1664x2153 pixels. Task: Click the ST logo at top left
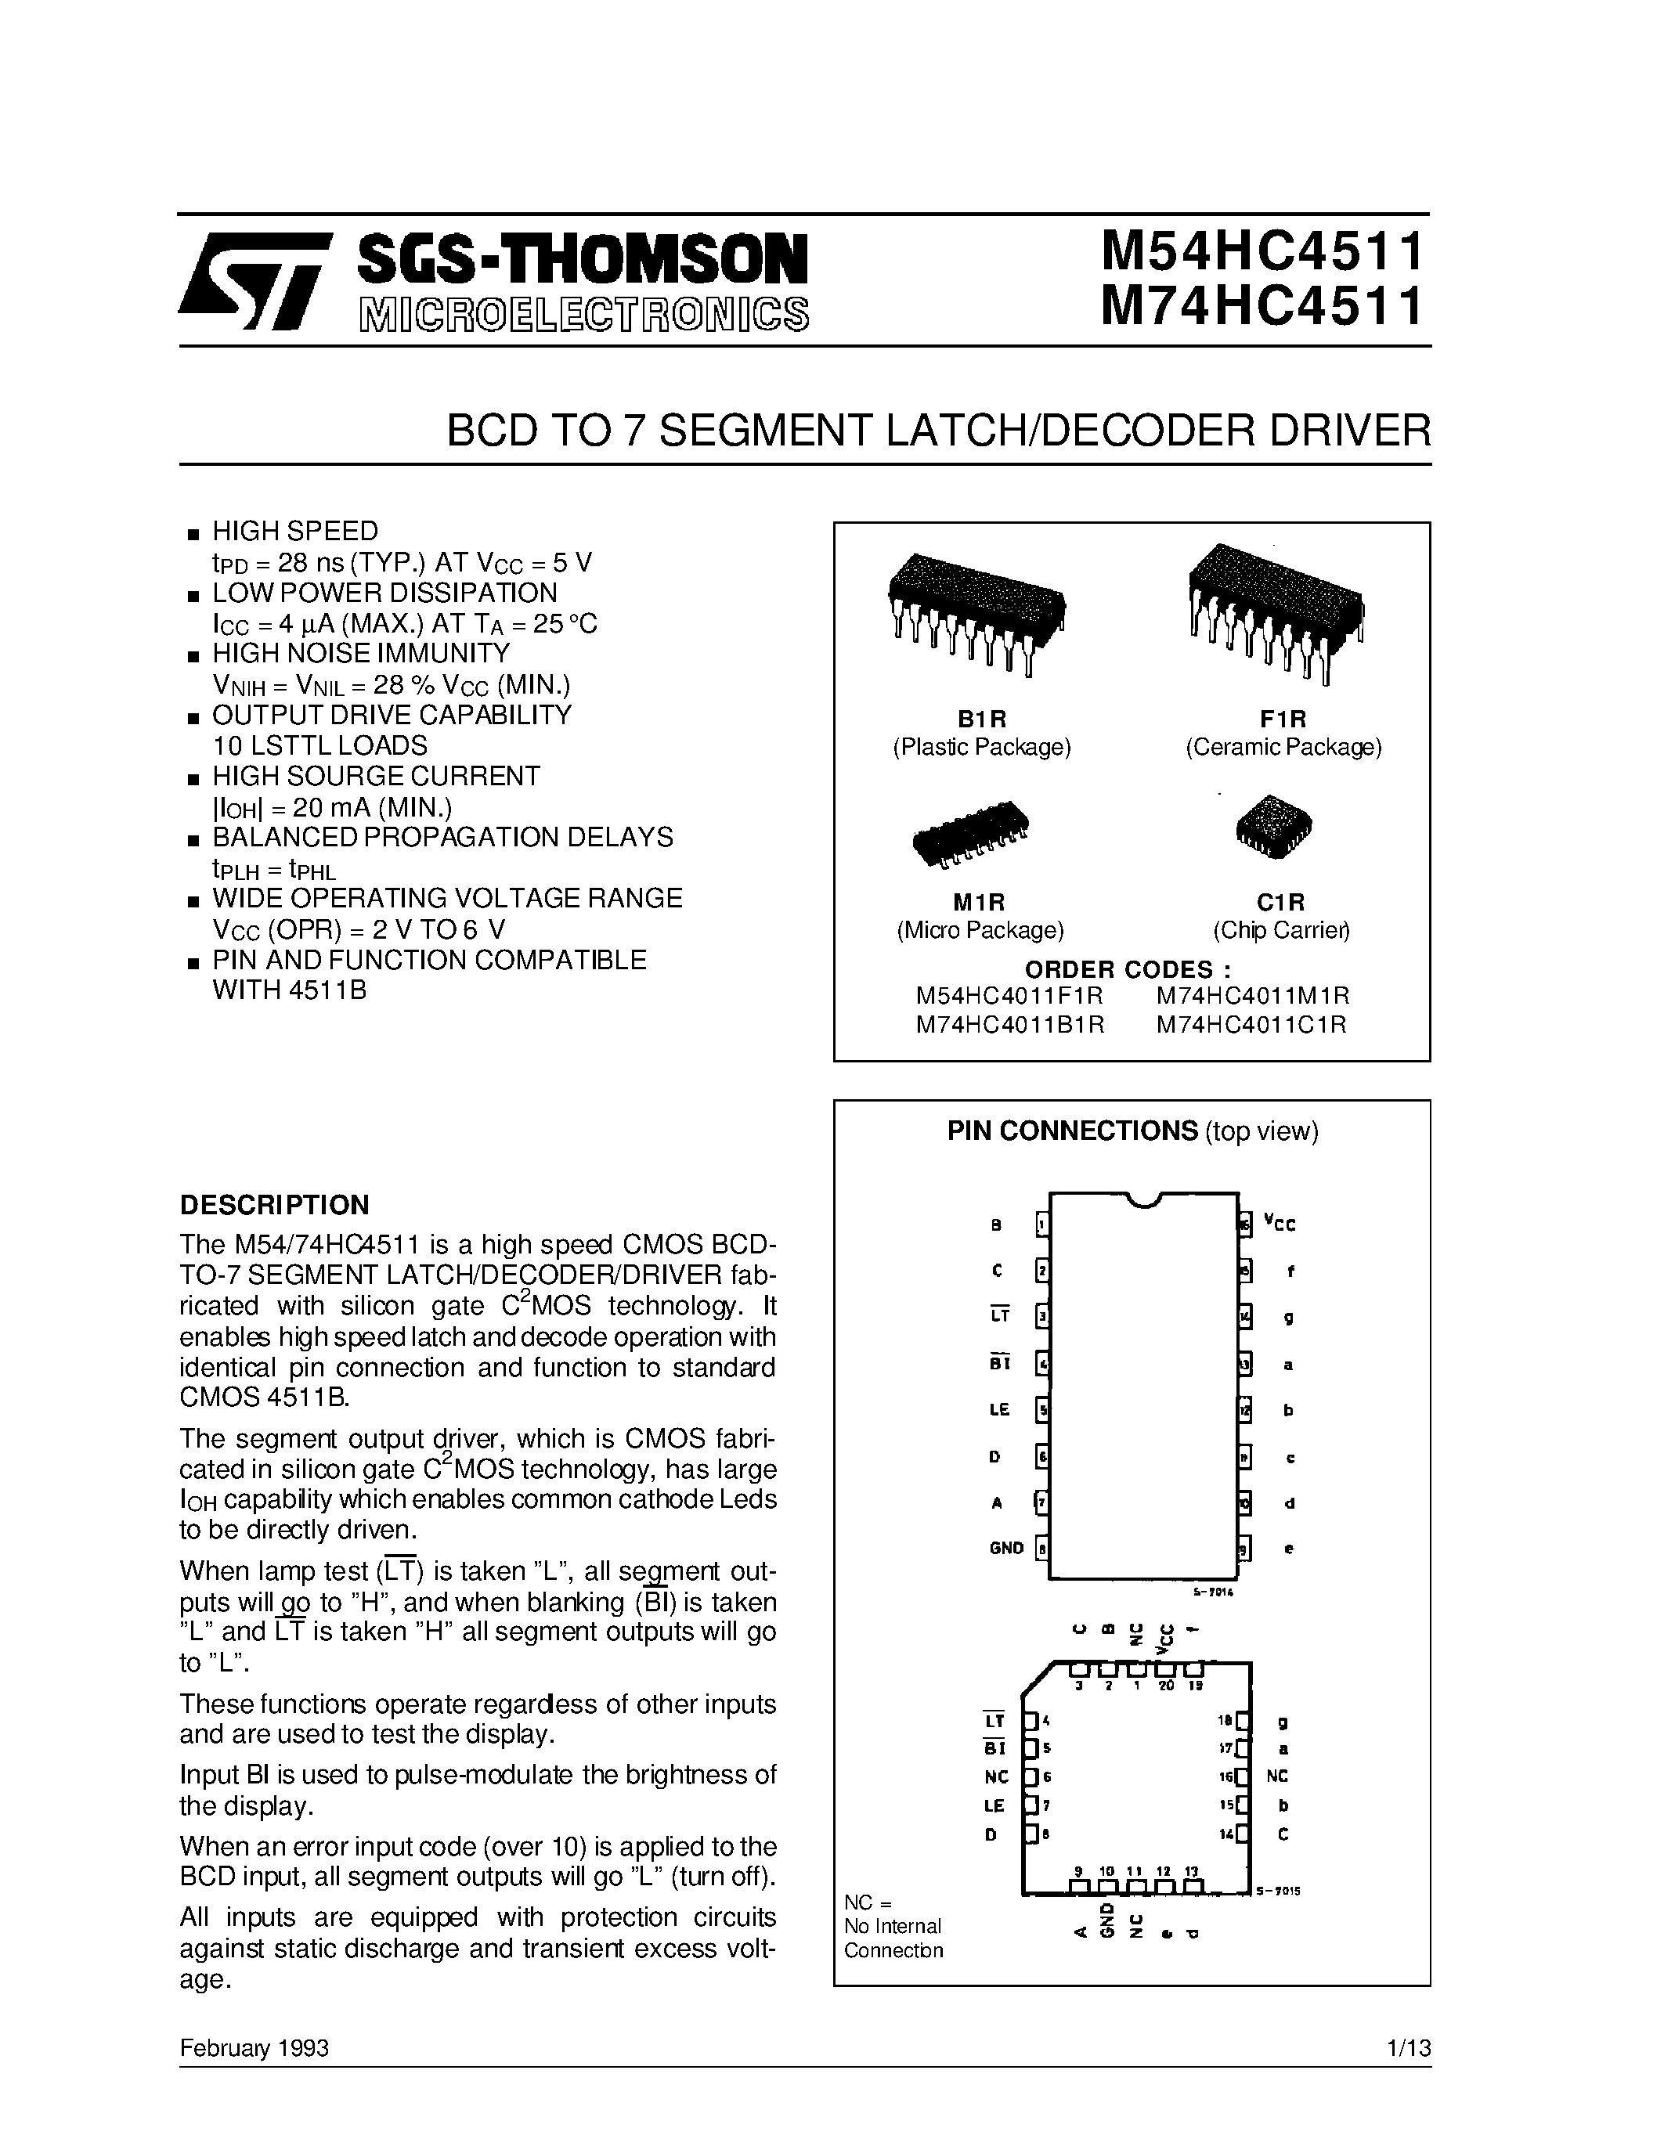[254, 280]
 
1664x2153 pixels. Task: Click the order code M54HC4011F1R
[1009, 996]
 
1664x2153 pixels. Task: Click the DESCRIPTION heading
[274, 1205]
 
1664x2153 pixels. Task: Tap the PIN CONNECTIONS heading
[1071, 1131]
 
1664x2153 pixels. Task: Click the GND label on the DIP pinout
[1006, 1548]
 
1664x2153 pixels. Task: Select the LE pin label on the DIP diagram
[1000, 1410]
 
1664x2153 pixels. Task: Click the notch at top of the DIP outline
[1143, 1199]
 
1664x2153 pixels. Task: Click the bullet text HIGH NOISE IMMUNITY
[361, 654]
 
